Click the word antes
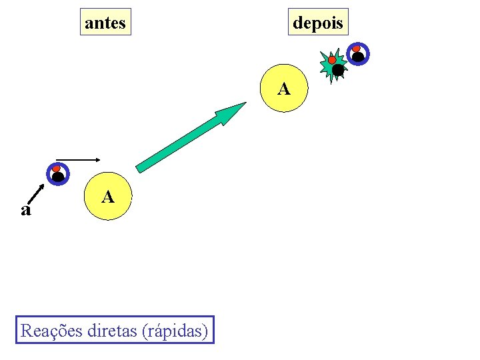click(x=105, y=23)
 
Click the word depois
click(x=318, y=23)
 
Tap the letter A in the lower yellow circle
click(x=108, y=197)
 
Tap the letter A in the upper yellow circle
click(x=284, y=89)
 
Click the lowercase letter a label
click(x=25, y=211)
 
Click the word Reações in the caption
click(x=52, y=330)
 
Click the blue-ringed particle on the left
click(x=57, y=173)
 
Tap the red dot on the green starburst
click(x=331, y=60)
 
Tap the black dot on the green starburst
click(x=338, y=69)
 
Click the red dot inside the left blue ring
click(x=57, y=168)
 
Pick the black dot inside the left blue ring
click(x=58, y=177)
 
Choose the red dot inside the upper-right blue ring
click(x=357, y=49)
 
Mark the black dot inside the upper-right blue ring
click(x=359, y=57)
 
